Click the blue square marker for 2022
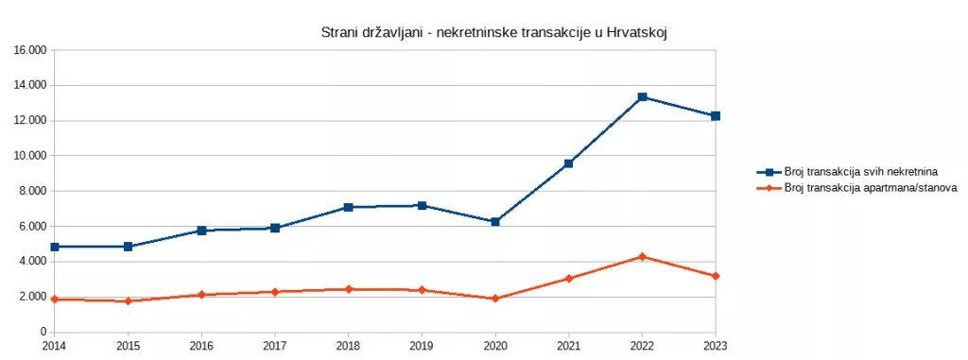[642, 97]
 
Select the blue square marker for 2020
[495, 222]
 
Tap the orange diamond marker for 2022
[642, 257]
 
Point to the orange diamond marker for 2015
[128, 301]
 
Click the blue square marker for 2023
[716, 116]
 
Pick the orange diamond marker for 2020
[495, 299]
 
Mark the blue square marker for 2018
[348, 207]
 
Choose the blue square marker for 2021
[568, 163]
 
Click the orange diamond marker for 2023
[716, 276]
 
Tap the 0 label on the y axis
[43, 332]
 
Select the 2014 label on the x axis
[54, 347]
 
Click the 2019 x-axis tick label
[422, 347]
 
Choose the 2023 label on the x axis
[716, 347]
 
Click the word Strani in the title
[341, 33]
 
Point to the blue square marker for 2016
[201, 231]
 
